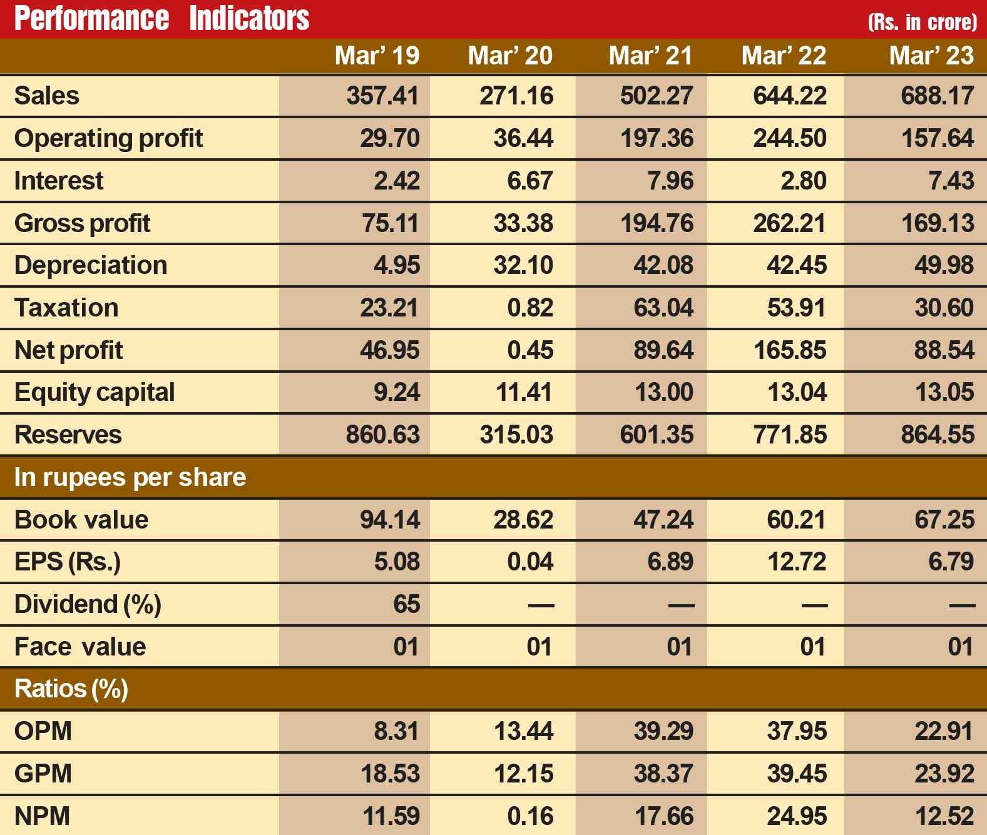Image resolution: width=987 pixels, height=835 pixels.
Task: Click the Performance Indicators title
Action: point(161,19)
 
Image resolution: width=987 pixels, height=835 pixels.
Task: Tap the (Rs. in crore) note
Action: point(922,23)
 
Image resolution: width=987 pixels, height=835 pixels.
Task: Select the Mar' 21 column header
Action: point(650,56)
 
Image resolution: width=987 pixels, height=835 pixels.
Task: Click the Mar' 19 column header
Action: point(377,56)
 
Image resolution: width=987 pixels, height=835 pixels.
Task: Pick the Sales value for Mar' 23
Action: point(937,96)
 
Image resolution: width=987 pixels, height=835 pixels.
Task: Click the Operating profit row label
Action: point(108,138)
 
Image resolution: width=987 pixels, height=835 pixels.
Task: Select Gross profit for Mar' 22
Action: point(789,223)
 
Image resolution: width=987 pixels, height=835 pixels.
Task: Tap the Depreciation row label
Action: point(91,265)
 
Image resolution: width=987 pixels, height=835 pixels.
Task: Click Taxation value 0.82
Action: point(530,308)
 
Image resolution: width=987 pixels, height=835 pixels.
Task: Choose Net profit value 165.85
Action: point(789,350)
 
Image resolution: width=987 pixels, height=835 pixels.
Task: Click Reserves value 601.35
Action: point(657,435)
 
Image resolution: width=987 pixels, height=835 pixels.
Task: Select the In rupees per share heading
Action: point(130,477)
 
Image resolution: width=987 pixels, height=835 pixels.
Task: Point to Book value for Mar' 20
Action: point(523,520)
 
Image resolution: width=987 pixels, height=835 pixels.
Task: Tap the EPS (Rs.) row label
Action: point(67,562)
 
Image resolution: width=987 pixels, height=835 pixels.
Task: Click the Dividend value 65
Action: point(406,604)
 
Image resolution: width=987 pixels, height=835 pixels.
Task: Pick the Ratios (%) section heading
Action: point(71,689)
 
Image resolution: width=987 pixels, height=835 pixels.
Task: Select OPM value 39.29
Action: point(663,731)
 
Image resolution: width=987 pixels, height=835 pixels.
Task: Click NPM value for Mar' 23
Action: point(944,816)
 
